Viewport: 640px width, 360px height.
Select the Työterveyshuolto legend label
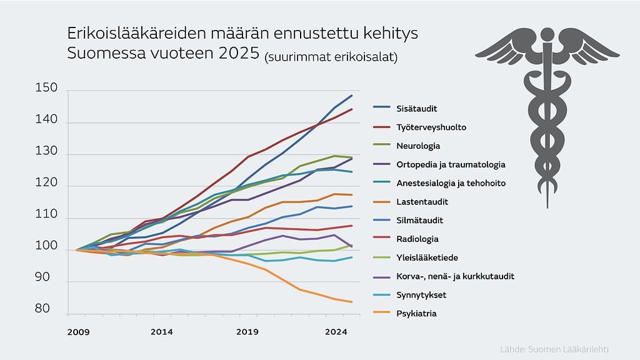[431, 127]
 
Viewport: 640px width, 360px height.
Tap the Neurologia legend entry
[418, 146]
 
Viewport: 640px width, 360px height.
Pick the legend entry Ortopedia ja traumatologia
[450, 165]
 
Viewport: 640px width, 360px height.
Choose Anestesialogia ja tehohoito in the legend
[450, 184]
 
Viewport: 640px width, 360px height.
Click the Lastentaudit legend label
[422, 202]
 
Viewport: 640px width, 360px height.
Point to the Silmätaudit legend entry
[421, 221]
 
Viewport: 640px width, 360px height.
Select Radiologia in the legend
[417, 239]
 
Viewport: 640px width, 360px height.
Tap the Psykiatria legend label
[416, 314]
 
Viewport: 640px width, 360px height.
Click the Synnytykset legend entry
[421, 295]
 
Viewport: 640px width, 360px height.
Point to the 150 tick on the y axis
[47, 90]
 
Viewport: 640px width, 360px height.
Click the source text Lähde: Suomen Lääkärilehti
[554, 349]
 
